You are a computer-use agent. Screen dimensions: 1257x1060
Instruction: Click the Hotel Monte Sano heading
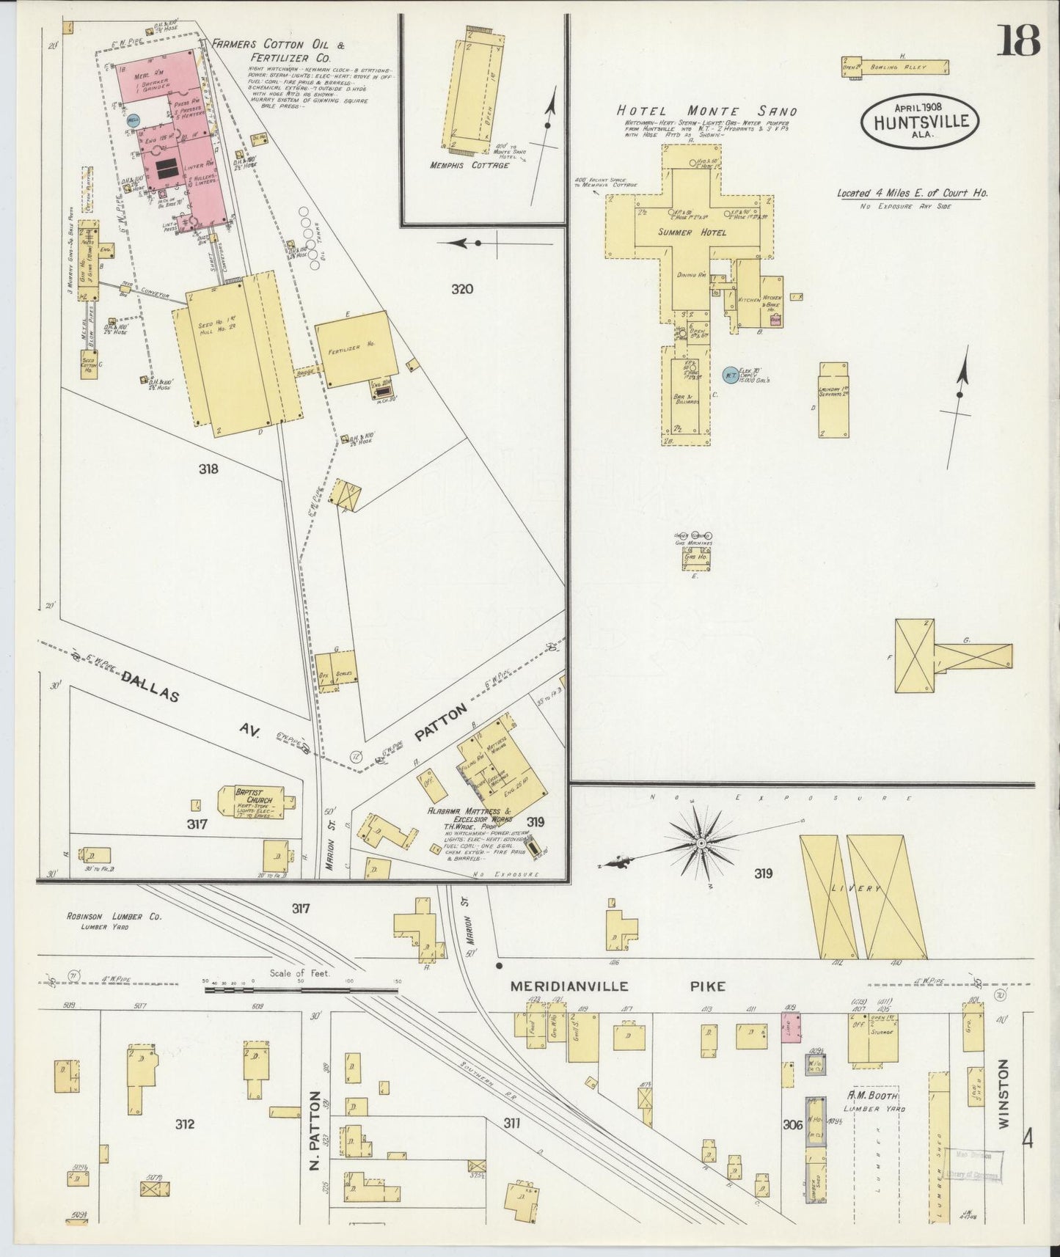coord(706,111)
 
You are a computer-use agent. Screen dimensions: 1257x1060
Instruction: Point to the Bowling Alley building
coord(895,67)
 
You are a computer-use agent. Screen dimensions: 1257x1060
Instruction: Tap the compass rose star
coord(701,843)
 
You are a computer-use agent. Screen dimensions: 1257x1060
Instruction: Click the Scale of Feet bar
coord(301,989)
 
